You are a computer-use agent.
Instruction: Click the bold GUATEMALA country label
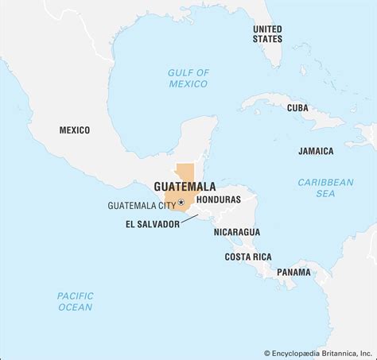tap(184, 188)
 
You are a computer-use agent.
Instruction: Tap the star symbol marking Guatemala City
tap(182, 203)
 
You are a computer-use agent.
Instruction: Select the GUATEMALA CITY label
tap(142, 205)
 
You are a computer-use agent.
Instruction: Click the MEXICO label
tap(75, 130)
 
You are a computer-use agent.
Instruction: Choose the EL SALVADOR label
tap(154, 224)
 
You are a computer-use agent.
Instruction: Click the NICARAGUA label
tap(236, 231)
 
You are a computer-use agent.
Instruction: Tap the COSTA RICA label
tap(247, 257)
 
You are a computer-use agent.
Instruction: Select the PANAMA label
tap(293, 273)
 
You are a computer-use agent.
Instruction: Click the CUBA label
tap(297, 107)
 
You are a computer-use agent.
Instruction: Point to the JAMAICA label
tap(316, 150)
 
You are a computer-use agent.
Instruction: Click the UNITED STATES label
tap(266, 33)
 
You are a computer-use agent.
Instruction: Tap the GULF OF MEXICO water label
tap(188, 78)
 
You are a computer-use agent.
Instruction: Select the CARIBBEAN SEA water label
tap(326, 188)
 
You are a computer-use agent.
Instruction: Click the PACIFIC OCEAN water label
tap(75, 301)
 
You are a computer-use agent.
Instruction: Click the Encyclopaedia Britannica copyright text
tap(318, 353)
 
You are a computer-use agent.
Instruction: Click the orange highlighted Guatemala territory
tap(185, 175)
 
